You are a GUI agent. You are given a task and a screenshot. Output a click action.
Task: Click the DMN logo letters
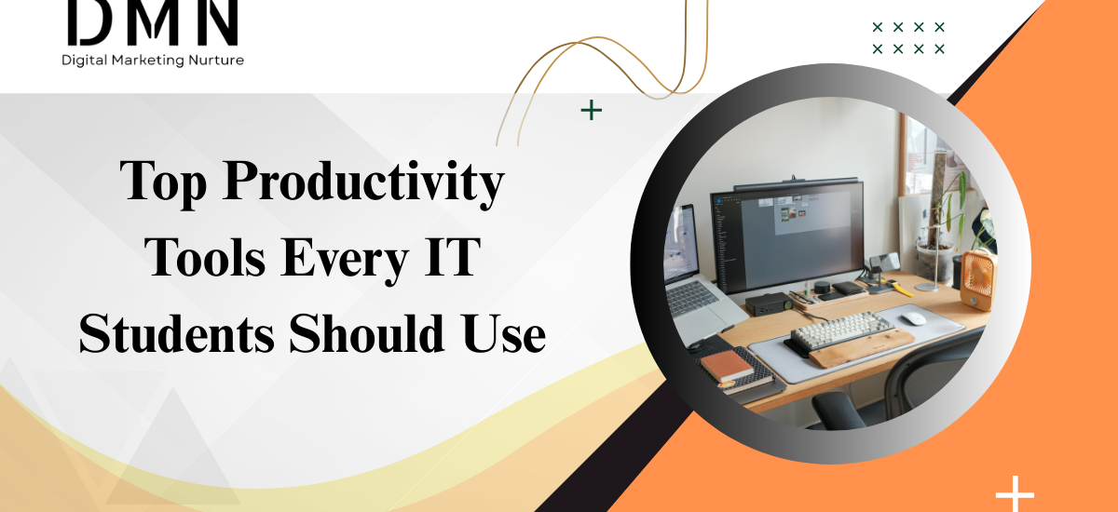pyautogui.click(x=152, y=22)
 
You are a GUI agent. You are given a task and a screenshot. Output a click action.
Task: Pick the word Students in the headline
pyautogui.click(x=176, y=333)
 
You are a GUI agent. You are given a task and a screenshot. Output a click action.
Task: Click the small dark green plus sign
pyautogui.click(x=591, y=111)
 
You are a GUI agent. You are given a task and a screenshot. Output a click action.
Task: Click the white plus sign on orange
pyautogui.click(x=1015, y=493)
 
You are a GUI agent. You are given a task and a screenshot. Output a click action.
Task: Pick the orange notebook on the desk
pyautogui.click(x=727, y=366)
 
